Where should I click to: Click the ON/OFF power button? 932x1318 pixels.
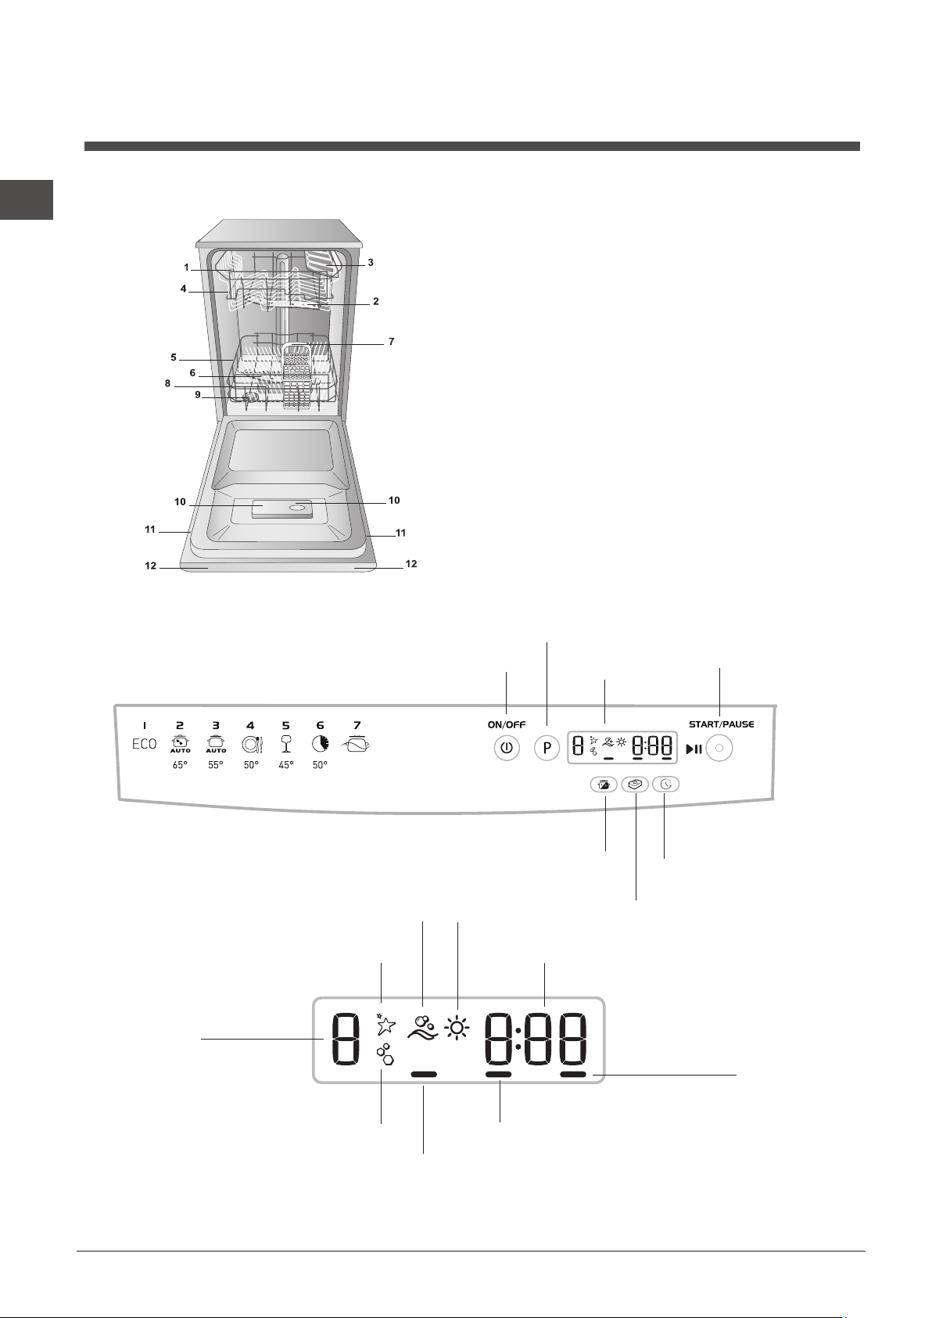[x=507, y=749]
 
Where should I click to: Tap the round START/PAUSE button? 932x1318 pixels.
[x=719, y=749]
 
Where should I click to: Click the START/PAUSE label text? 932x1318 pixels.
[x=722, y=724]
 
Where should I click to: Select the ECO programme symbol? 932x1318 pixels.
[x=144, y=745]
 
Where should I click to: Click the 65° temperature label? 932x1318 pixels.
[x=180, y=766]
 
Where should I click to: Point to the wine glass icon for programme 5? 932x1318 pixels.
[x=286, y=745]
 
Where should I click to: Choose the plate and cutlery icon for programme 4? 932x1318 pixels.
[x=251, y=745]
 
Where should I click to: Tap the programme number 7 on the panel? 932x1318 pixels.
[x=357, y=726]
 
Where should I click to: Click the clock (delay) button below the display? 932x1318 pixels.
[x=665, y=785]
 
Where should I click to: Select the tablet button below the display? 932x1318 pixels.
[x=635, y=785]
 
